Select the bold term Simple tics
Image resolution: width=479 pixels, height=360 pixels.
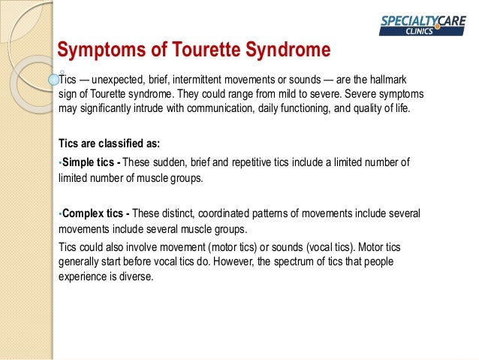tap(89, 162)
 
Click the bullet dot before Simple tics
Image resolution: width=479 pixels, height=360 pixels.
tap(60, 162)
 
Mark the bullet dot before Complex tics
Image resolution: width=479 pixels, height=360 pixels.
tap(60, 213)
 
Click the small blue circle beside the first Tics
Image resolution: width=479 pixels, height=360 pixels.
tap(53, 77)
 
